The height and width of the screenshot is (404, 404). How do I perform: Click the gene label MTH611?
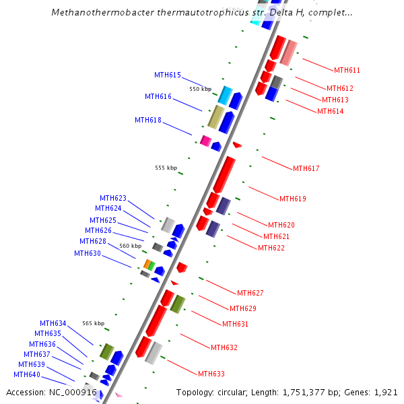pyautogui.click(x=347, y=70)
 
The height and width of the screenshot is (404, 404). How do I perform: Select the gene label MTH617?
pyautogui.click(x=306, y=168)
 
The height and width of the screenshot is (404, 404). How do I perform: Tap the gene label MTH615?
pyautogui.click(x=168, y=75)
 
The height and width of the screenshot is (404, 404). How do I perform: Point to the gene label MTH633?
pyautogui.click(x=211, y=374)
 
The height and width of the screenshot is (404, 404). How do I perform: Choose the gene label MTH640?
pyautogui.click(x=27, y=374)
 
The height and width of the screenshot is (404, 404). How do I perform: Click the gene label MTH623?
pyautogui.click(x=113, y=198)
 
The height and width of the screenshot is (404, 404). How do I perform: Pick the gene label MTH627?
pyautogui.click(x=250, y=293)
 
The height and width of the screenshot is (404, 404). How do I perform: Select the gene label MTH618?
pyautogui.click(x=148, y=120)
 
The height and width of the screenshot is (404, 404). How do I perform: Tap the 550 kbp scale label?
pyautogui.click(x=200, y=89)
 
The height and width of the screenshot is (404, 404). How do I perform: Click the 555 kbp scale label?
pyautogui.click(x=166, y=168)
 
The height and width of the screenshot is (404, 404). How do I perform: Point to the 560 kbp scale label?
pyautogui.click(x=130, y=246)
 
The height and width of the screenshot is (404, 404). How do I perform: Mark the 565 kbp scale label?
pyautogui.click(x=93, y=323)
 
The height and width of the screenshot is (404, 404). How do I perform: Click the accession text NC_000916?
pyautogui.click(x=73, y=392)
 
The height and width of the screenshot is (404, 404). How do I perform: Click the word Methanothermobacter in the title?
pyautogui.click(x=96, y=12)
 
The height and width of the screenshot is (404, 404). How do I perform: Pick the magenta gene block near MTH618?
pyautogui.click(x=206, y=140)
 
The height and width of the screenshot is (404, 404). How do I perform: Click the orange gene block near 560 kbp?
pyautogui.click(x=147, y=264)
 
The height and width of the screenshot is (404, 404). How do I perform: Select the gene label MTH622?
pyautogui.click(x=271, y=248)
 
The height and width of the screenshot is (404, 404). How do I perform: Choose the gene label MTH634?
pyautogui.click(x=53, y=323)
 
